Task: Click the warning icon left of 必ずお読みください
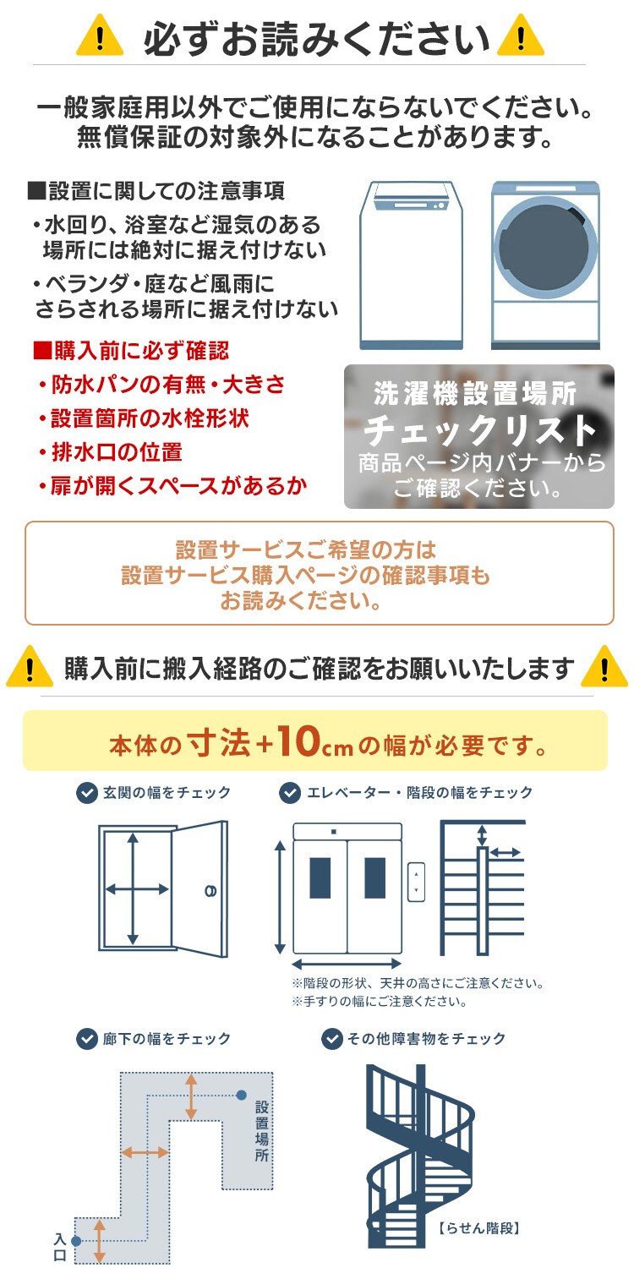pos(101,37)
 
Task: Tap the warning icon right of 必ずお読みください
pos(520,37)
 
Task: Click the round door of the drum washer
pos(544,244)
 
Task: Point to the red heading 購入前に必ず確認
pos(131,350)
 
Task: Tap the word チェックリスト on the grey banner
pos(479,430)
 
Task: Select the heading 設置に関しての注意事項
pos(156,191)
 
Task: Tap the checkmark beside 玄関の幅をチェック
pos(86,793)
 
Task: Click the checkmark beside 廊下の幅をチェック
pos(86,1038)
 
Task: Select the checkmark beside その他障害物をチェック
pos(331,1038)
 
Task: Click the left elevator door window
pos(320,877)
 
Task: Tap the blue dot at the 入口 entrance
pos(76,1241)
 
